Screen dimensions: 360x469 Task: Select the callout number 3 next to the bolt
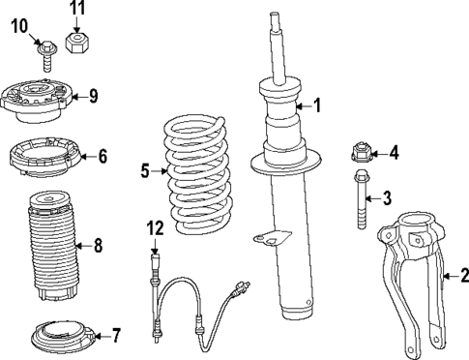point(387,199)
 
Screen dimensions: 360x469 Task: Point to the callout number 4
point(393,152)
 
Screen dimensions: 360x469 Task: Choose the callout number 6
point(103,155)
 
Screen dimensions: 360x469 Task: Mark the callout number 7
point(115,336)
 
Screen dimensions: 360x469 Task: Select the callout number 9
point(93,95)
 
